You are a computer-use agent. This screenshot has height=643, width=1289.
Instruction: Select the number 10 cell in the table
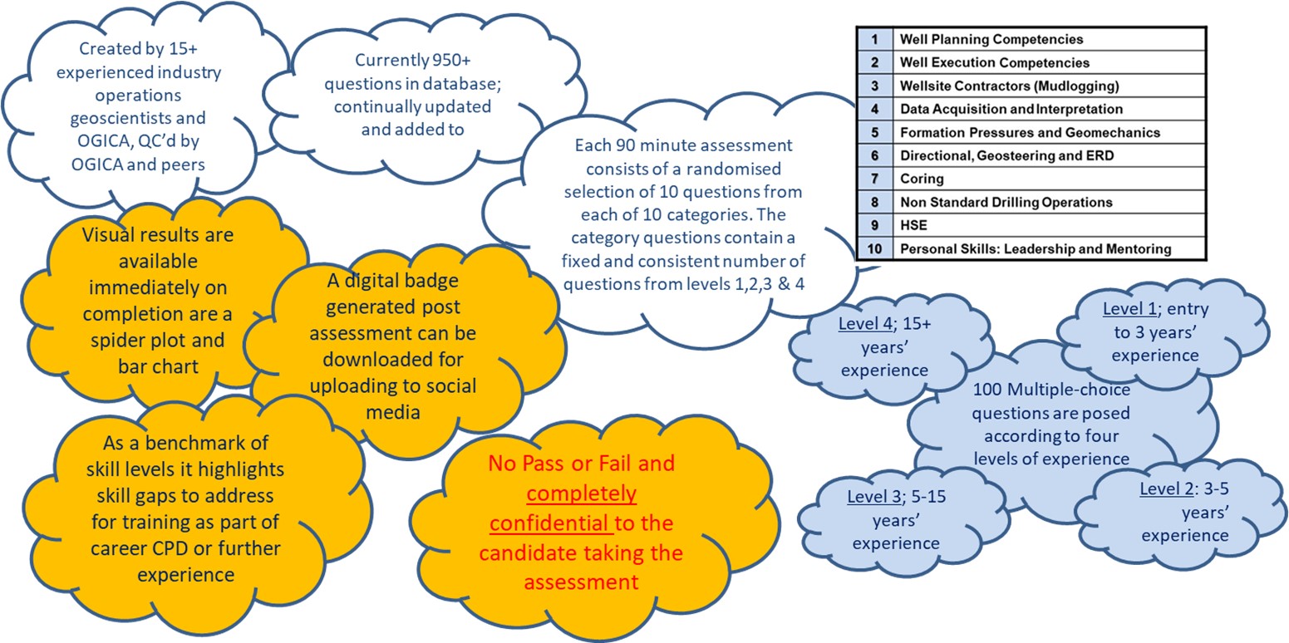coord(874,249)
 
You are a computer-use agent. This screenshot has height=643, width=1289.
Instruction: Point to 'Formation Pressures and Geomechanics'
coord(1030,132)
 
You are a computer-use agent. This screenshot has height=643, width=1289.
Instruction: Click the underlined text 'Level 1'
coord(1129,309)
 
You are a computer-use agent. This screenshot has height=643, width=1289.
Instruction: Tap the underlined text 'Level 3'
coord(873,496)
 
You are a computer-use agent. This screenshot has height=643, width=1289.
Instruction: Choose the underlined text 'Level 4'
coord(865,324)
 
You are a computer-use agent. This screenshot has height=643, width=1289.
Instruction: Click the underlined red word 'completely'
coord(581,493)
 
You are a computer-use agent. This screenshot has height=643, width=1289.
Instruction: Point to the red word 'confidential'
coord(549,523)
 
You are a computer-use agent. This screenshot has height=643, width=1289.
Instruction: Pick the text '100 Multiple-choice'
coord(1051,390)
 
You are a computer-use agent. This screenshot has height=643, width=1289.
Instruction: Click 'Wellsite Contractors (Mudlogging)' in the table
coord(1009,86)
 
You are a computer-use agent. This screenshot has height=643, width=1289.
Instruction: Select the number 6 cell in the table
coord(874,156)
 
